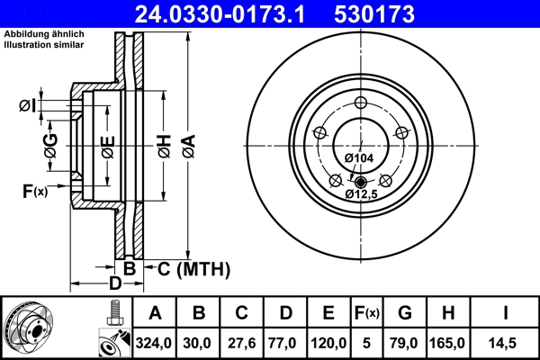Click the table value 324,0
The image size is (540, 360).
[x=156, y=342]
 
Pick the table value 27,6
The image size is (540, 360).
[x=242, y=342]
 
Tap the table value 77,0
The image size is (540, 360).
[x=285, y=342]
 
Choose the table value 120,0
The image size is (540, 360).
[x=329, y=342]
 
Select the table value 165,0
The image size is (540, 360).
[x=449, y=342]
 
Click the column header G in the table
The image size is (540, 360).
[x=405, y=313]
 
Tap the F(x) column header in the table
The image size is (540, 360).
[x=367, y=313]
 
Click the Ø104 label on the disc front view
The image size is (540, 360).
[x=359, y=158]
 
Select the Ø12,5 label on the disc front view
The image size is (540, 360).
[x=362, y=193]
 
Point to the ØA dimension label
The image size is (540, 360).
[x=187, y=143]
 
